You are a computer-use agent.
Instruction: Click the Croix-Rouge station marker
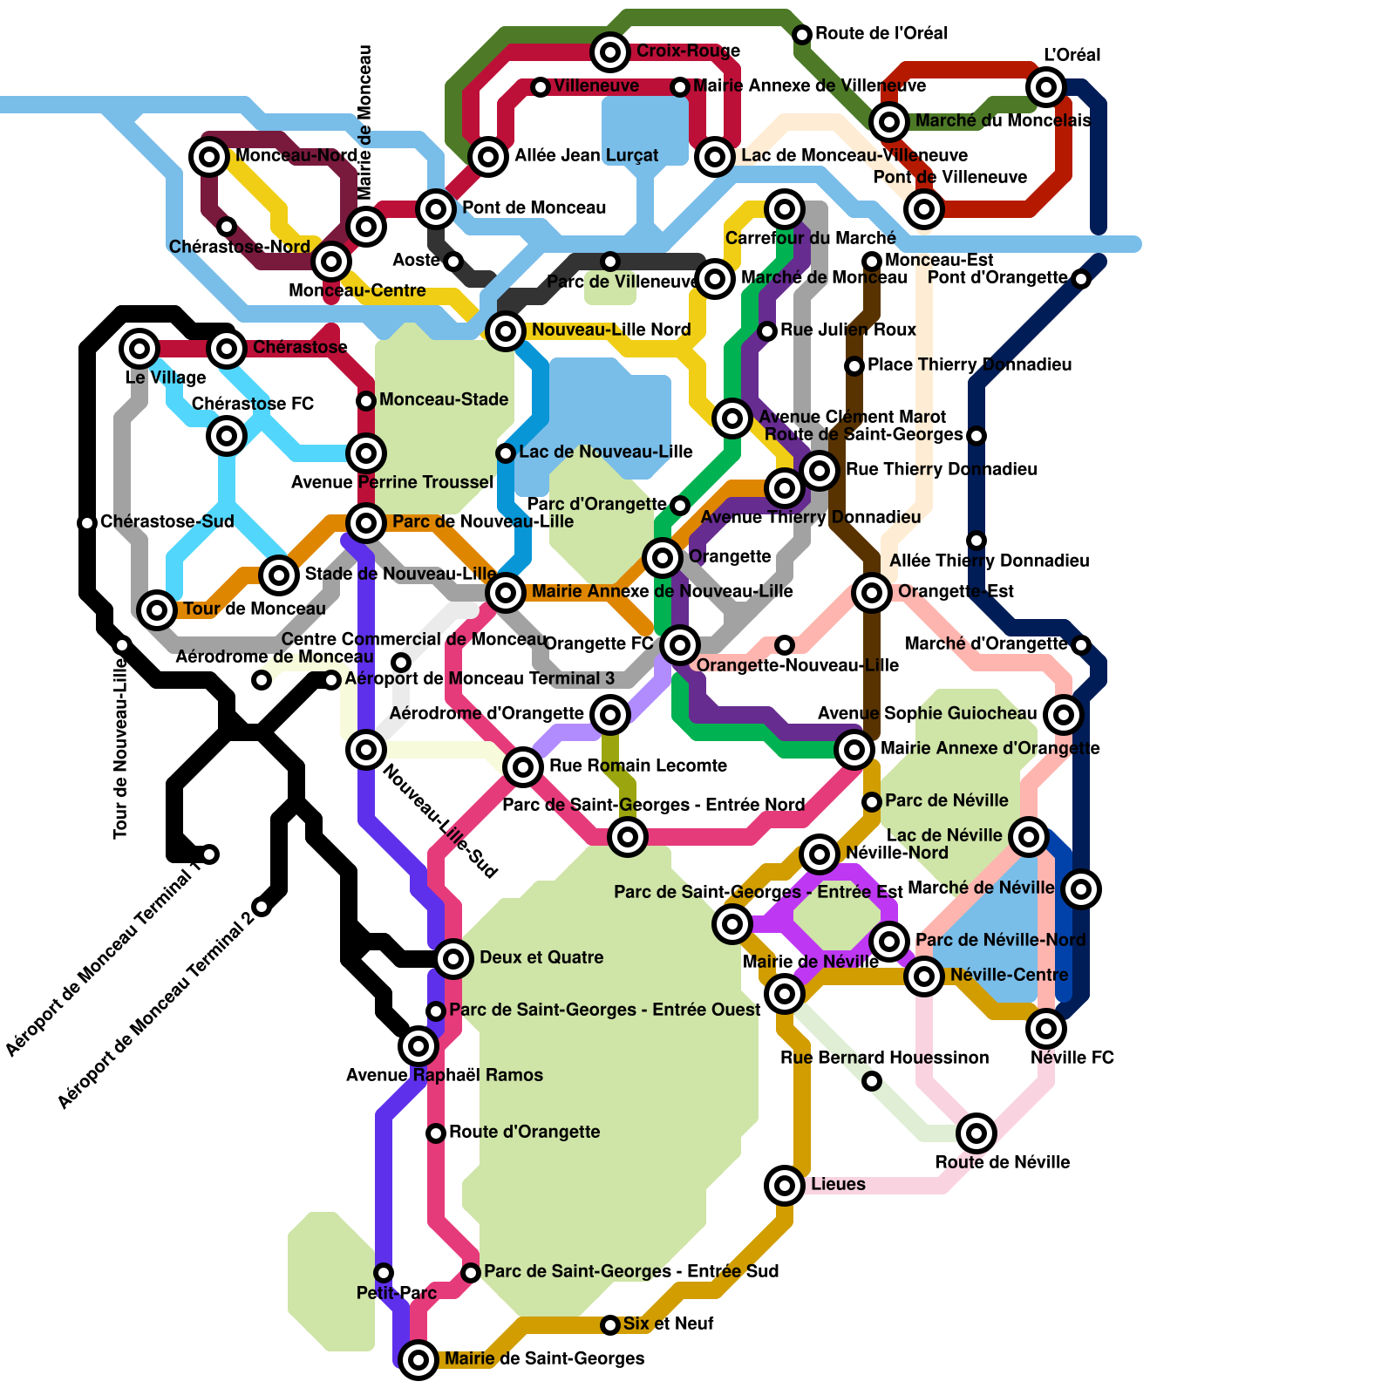(x=610, y=52)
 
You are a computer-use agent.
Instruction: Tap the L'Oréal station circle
(x=1046, y=86)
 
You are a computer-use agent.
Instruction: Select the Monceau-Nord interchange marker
(x=209, y=157)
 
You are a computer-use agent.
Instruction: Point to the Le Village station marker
(x=139, y=349)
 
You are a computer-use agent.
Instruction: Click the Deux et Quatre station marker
(x=453, y=959)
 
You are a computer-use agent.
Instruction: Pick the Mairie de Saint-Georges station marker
(x=418, y=1358)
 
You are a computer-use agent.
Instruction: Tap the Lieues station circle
(x=785, y=1185)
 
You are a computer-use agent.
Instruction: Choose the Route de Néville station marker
(x=976, y=1133)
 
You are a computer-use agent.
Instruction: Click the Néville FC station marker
(x=1046, y=1029)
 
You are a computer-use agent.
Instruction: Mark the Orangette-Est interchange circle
(x=872, y=593)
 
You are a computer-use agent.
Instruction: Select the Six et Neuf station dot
(x=610, y=1325)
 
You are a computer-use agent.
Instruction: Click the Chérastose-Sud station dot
(x=87, y=523)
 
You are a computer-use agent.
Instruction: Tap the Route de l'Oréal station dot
(x=802, y=35)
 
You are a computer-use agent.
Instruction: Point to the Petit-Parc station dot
(x=384, y=1273)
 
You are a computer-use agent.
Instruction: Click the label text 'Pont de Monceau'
(x=534, y=208)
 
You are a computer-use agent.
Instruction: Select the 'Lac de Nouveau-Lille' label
(x=605, y=452)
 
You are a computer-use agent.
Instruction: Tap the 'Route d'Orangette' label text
(x=524, y=1132)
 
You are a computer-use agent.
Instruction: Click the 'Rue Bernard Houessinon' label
(x=884, y=1058)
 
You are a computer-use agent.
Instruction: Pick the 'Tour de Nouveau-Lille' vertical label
(x=120, y=750)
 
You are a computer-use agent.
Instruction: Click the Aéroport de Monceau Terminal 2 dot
(x=262, y=907)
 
